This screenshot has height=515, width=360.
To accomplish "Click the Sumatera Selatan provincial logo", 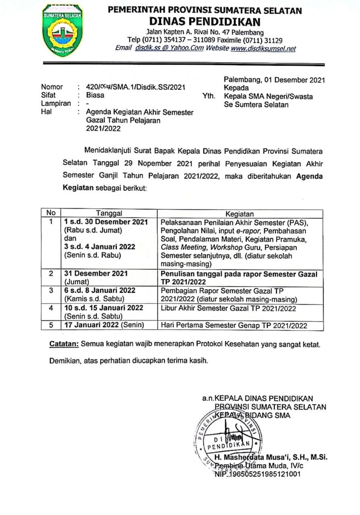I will (x=62, y=30).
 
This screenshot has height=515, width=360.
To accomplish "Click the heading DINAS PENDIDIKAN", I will (x=205, y=21).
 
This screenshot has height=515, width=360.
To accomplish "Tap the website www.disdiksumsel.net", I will (x=263, y=48).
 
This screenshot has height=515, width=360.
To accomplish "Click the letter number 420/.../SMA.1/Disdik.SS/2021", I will (x=136, y=87).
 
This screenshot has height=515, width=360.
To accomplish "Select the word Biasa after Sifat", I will (x=95, y=95).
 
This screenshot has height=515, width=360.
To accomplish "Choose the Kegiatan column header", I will (x=240, y=214).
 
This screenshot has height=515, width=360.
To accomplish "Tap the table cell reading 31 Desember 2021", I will (x=96, y=274).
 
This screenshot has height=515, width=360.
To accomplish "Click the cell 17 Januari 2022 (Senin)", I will (x=104, y=325).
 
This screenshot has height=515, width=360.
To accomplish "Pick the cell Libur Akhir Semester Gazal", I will (x=228, y=308).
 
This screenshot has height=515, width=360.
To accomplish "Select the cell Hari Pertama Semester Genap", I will (x=234, y=325).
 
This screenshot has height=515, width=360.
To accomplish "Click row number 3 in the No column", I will (x=51, y=290).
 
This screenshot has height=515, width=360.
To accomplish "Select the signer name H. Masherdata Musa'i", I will (x=271, y=457).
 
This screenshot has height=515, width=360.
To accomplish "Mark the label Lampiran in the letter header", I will (x=56, y=103).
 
